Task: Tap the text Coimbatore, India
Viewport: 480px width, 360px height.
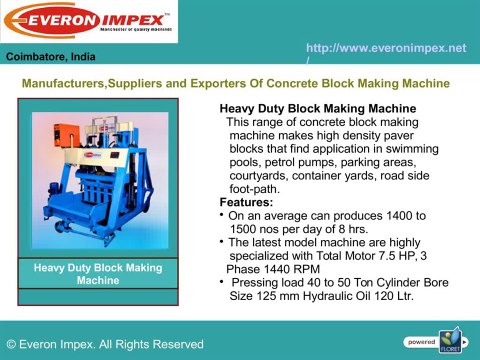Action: pos(47,57)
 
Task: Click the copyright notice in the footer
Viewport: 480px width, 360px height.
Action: pos(104,344)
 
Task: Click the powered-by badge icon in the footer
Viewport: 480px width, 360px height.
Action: pos(452,341)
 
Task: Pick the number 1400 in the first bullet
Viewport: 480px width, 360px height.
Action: pos(399,215)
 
